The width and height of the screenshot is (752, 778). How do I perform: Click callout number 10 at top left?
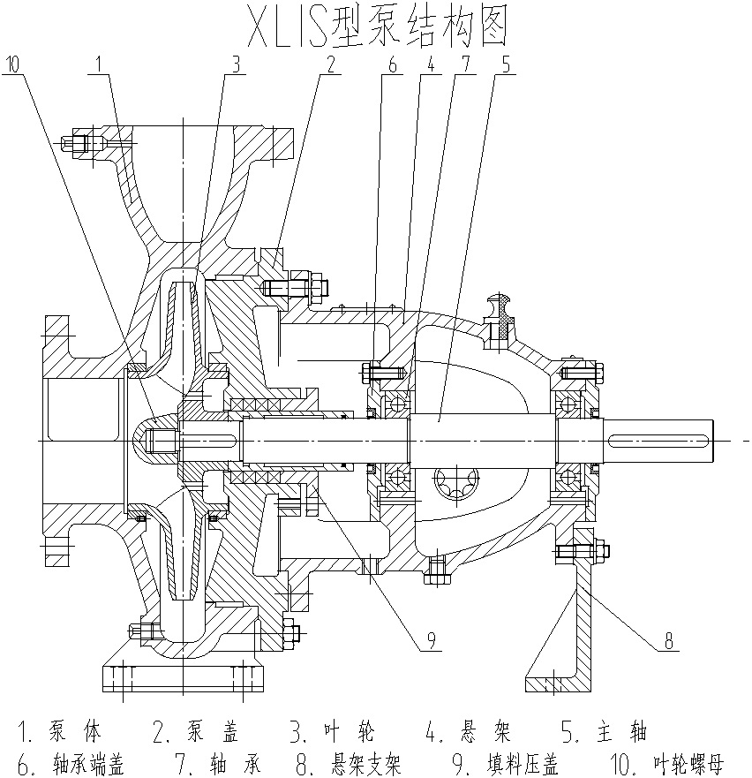point(14,64)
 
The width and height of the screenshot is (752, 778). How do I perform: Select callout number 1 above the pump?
point(100,64)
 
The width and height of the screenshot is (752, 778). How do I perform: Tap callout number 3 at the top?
point(235,64)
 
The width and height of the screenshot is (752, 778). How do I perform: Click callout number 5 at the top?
point(504,64)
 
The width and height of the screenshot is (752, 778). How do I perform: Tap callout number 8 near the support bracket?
point(669,642)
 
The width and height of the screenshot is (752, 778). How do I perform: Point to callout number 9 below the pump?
point(431,642)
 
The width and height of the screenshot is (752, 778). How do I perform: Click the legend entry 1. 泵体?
point(60,732)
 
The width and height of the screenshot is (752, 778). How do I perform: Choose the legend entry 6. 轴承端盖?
point(71,764)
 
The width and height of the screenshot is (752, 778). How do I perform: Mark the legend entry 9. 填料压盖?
point(513,764)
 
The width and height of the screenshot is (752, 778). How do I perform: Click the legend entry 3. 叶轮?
point(333,732)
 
